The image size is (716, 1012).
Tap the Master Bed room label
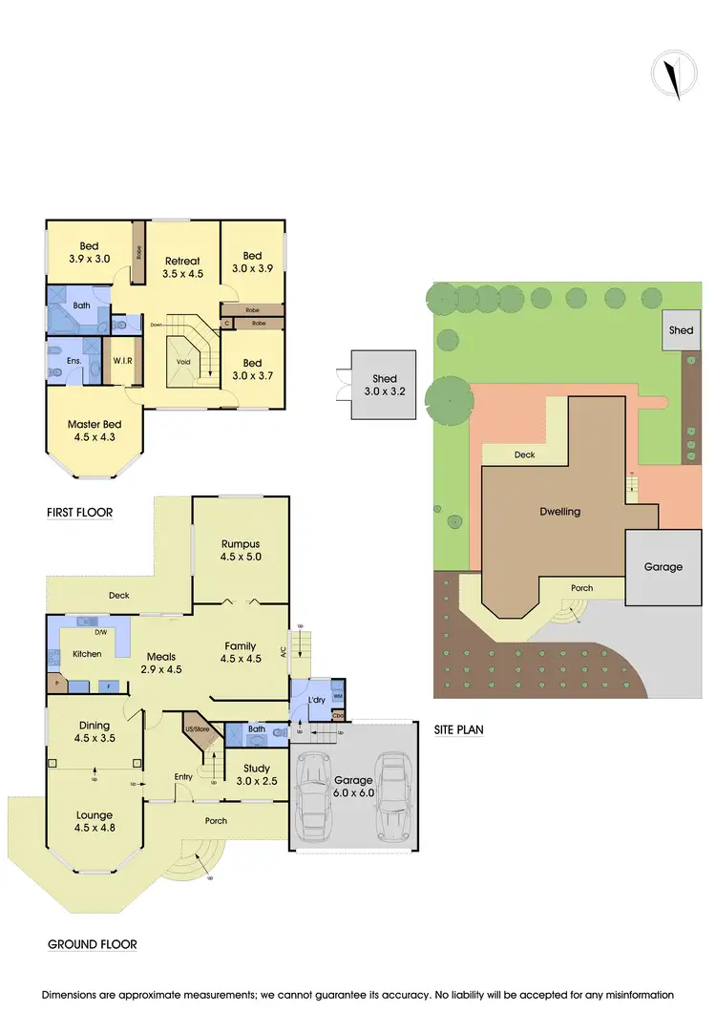[95, 431]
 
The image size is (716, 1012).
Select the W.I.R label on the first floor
[121, 361]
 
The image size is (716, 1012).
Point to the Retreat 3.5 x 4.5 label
[182, 267]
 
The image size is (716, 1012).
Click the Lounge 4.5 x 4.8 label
[95, 822]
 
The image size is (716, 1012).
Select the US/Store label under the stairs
[196, 729]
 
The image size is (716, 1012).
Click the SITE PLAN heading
[459, 730]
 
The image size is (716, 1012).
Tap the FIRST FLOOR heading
[80, 513]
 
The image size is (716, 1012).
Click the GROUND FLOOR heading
[93, 945]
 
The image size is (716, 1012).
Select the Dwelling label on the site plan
[559, 512]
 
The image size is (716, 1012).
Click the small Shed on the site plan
[681, 330]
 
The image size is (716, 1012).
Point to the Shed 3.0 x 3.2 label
[384, 385]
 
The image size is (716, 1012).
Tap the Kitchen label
[87, 654]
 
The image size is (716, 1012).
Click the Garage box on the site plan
[663, 566]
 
